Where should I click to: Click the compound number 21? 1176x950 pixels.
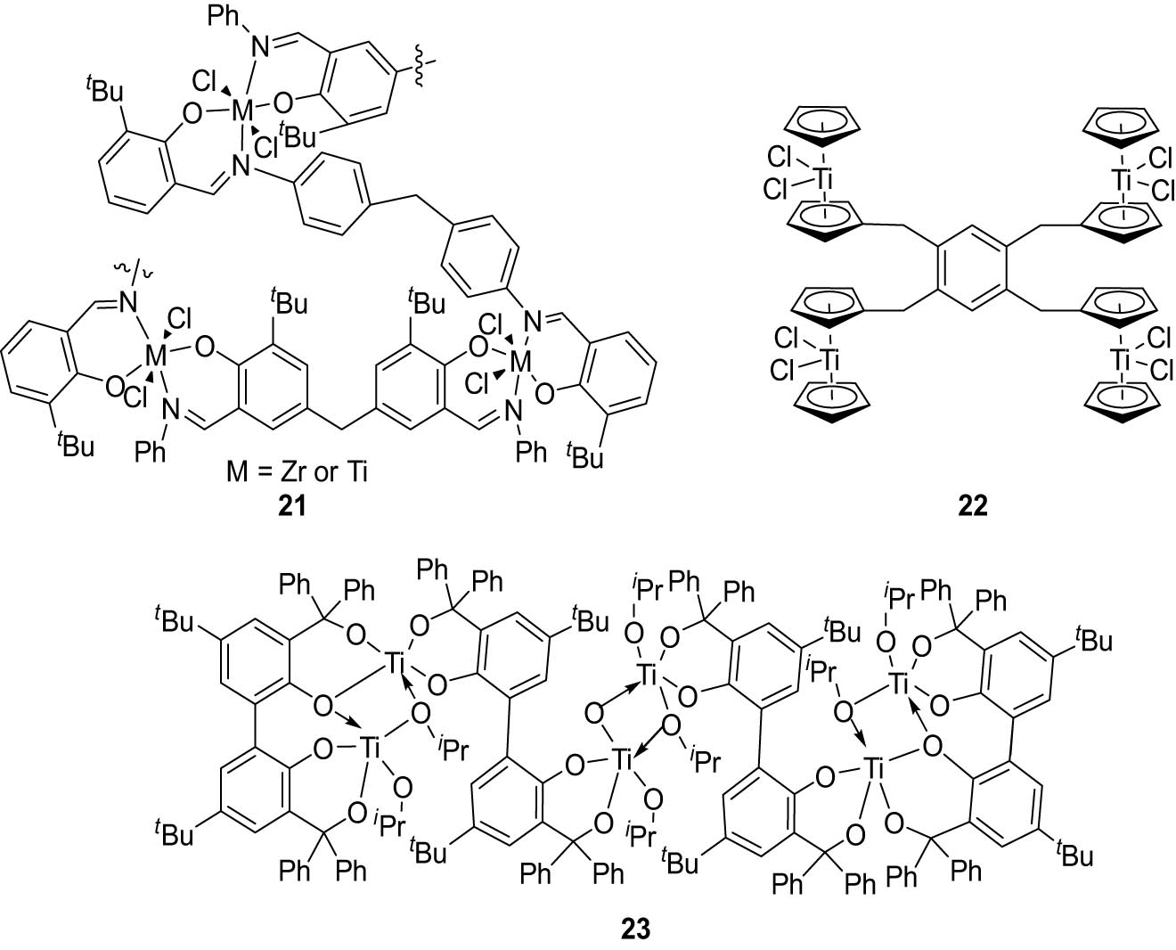(291, 505)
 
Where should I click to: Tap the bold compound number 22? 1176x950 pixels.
(972, 505)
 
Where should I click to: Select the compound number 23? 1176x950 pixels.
(635, 929)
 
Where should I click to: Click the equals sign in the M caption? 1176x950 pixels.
(260, 473)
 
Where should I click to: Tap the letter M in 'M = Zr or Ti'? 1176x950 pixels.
(237, 472)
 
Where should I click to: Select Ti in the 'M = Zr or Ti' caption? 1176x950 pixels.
(357, 472)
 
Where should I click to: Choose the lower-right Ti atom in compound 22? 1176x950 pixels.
(1121, 359)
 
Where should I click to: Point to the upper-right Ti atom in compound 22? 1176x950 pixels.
(1122, 178)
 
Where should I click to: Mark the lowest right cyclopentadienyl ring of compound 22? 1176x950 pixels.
(1122, 406)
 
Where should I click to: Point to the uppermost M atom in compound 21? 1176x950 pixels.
(241, 111)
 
